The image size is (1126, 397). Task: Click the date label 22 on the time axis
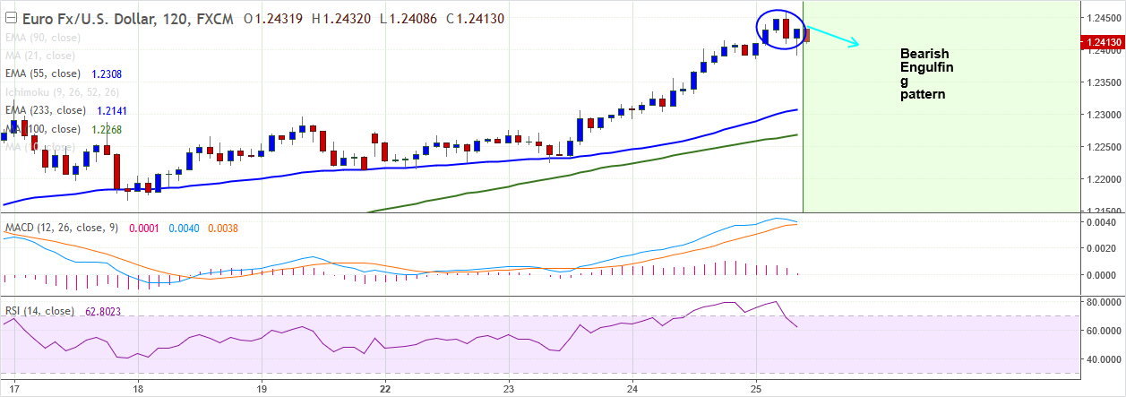tap(385, 389)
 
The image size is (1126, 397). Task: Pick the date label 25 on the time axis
tap(757, 389)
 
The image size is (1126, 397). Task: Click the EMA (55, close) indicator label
tap(42, 73)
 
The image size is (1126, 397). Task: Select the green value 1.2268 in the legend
tap(107, 129)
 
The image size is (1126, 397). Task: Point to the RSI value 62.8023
tap(103, 312)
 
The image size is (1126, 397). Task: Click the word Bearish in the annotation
tap(924, 55)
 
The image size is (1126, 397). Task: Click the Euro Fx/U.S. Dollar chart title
tap(99, 18)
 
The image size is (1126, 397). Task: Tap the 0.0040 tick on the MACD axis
tap(1101, 221)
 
